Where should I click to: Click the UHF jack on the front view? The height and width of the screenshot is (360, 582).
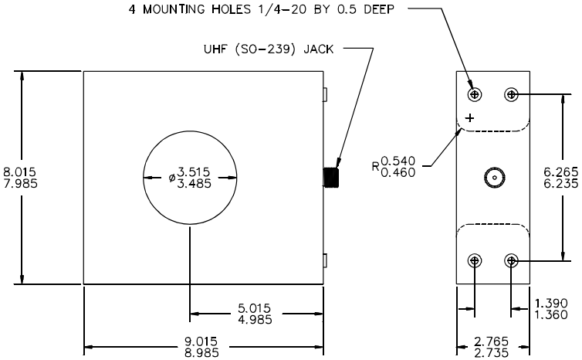(331, 178)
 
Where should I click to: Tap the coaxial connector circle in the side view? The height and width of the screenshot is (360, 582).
(495, 178)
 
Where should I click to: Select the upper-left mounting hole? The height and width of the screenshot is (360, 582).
(475, 95)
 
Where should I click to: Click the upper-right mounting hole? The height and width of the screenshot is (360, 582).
(512, 95)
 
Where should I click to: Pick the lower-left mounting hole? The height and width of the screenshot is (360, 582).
(475, 261)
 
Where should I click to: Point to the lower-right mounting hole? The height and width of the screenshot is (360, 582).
(512, 261)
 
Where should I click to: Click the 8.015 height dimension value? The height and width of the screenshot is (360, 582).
(19, 172)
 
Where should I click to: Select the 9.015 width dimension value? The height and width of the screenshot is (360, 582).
(201, 341)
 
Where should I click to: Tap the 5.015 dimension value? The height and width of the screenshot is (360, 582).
(254, 308)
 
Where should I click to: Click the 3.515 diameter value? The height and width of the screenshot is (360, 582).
(194, 172)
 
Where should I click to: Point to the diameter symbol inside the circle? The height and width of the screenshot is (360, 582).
(172, 178)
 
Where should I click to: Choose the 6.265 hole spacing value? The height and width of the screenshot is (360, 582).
(561, 172)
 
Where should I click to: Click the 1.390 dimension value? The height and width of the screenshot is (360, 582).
(551, 303)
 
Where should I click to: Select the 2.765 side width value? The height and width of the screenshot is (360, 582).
(492, 341)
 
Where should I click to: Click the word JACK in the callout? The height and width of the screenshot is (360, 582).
(319, 49)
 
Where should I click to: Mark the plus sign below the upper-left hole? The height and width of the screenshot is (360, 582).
(470, 118)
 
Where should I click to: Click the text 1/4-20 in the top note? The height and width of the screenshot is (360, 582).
(282, 9)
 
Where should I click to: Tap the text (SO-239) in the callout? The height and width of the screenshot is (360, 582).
(266, 49)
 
